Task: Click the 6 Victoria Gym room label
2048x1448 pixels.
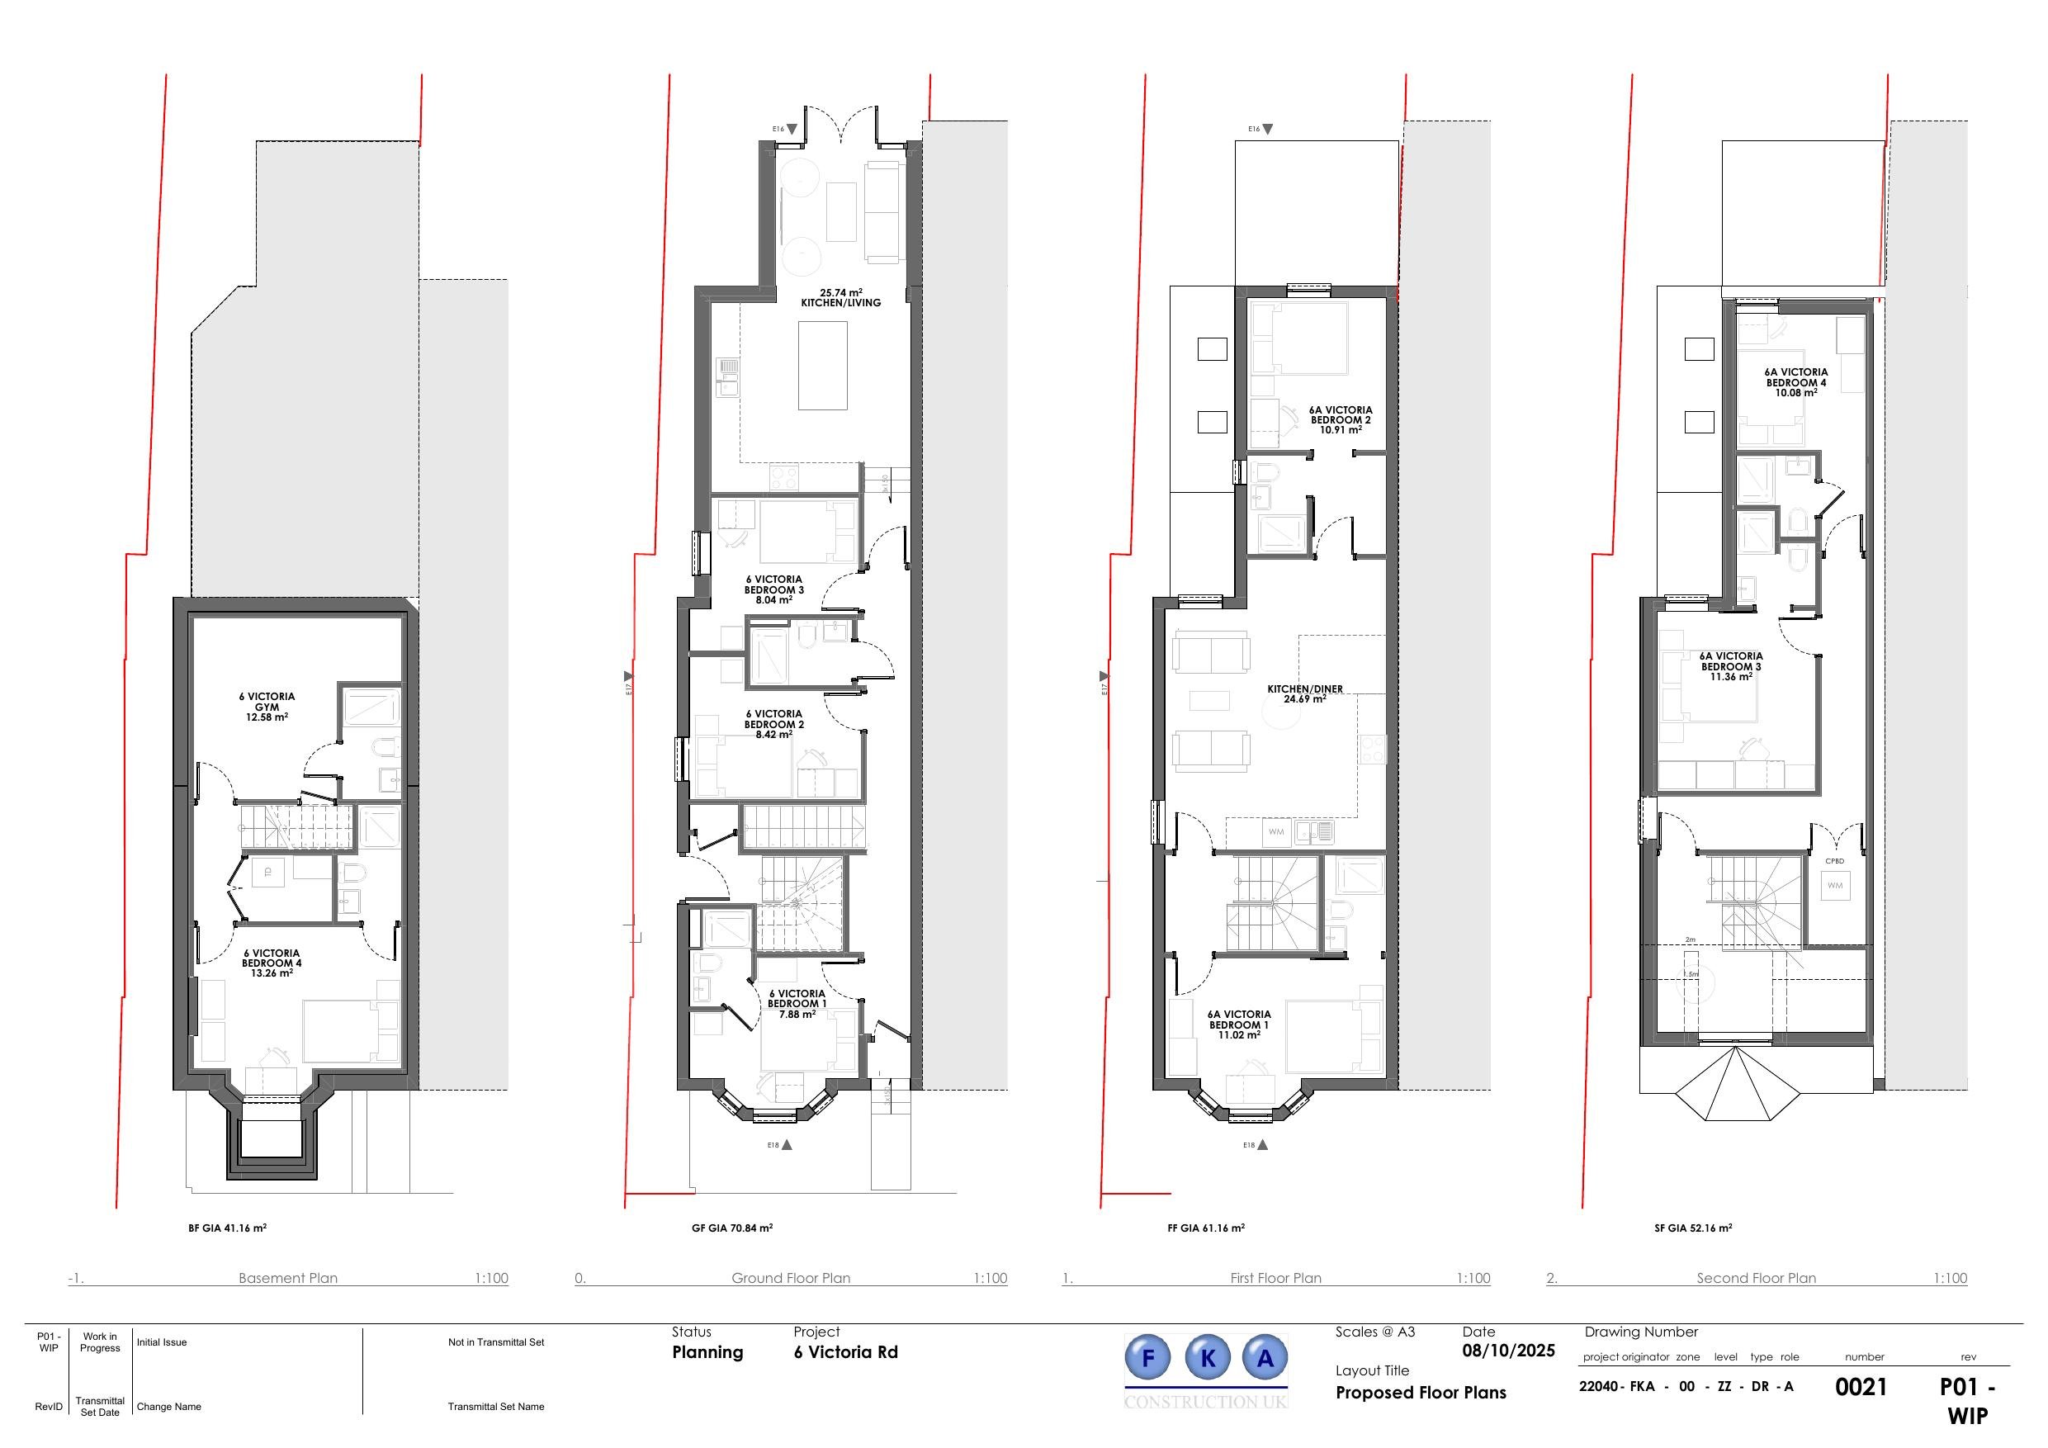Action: coord(267,707)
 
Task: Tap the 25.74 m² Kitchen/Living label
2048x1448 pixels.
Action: coord(840,298)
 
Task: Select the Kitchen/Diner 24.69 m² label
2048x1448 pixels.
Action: coord(1304,694)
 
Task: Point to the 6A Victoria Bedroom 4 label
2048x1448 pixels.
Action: coord(1795,383)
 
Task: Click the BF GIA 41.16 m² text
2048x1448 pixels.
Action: coord(228,1228)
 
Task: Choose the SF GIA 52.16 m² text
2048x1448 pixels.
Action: coord(1693,1228)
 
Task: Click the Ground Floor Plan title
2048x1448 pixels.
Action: coord(790,1278)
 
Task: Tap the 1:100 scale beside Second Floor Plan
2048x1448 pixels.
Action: coord(1950,1278)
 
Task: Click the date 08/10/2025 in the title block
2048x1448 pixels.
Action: coord(1508,1351)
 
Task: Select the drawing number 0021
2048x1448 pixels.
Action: coord(1861,1388)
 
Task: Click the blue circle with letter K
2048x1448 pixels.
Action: coord(1208,1359)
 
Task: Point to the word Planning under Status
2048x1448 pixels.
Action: coord(707,1352)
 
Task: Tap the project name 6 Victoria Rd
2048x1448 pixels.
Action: coord(845,1352)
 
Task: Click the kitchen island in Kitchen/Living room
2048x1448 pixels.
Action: coord(822,365)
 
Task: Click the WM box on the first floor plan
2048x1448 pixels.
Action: coord(1275,831)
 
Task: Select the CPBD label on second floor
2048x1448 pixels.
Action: coord(1835,861)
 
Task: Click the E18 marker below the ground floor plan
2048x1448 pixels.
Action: coord(782,1145)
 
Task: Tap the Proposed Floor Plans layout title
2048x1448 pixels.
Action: coord(1420,1393)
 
